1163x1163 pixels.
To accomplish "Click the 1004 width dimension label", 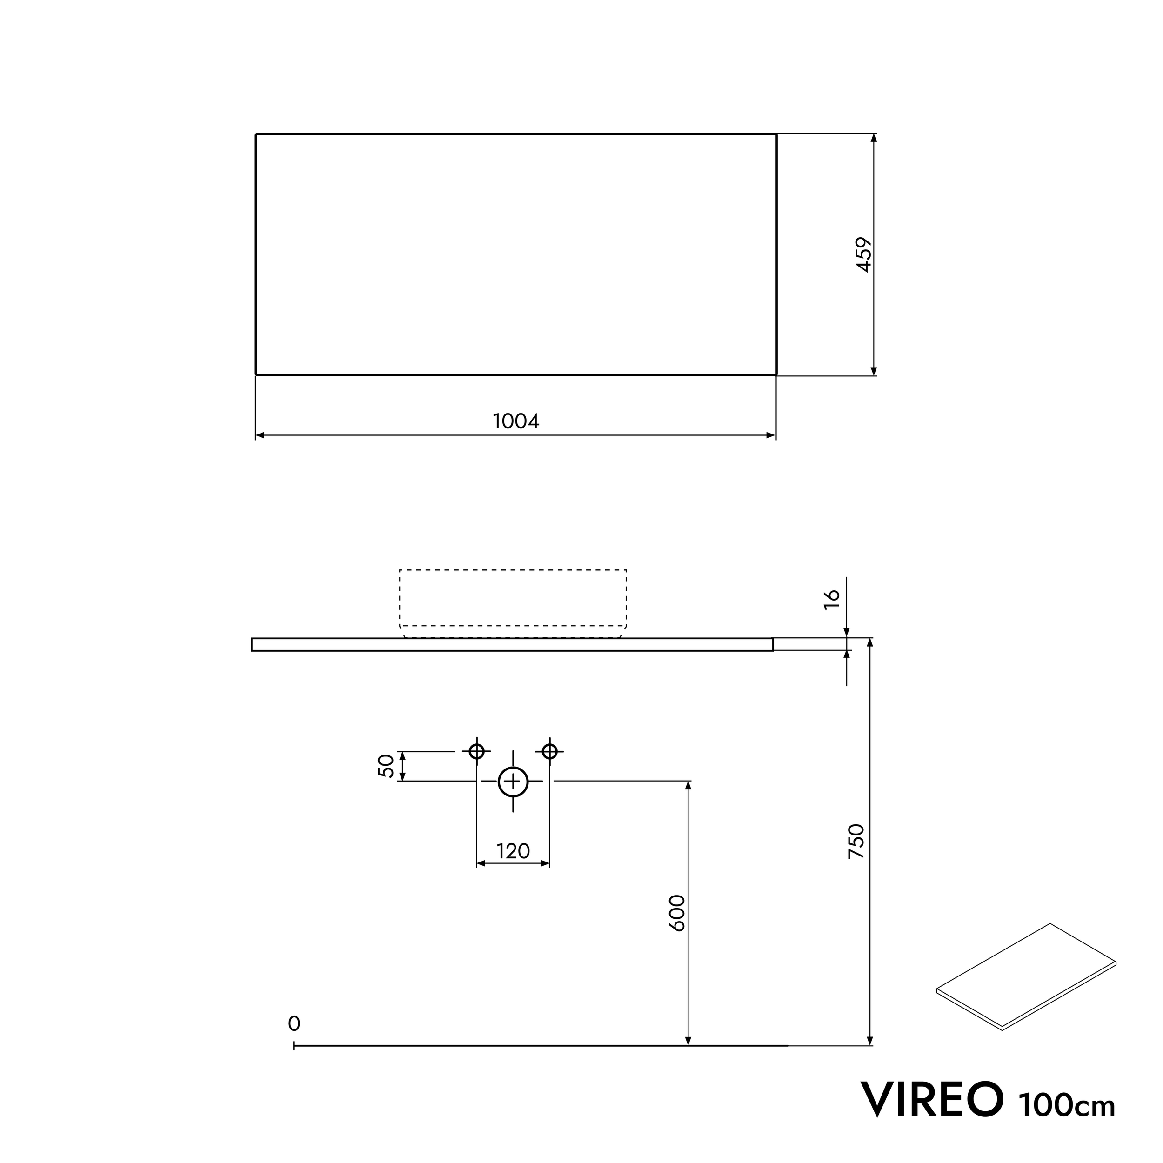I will (516, 421).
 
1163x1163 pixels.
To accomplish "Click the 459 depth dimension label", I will (864, 254).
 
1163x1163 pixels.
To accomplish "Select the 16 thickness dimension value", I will (831, 599).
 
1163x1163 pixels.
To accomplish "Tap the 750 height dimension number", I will (856, 841).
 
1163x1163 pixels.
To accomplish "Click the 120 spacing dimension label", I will (513, 851).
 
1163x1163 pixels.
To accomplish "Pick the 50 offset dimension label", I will (386, 766).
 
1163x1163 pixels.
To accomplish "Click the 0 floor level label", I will (294, 1023).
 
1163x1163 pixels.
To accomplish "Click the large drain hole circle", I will (513, 782).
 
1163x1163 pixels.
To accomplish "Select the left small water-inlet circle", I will (477, 751).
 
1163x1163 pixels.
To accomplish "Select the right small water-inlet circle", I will (549, 751).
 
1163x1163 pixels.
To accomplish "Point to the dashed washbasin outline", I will (513, 602).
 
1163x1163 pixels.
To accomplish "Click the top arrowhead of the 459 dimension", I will (874, 138).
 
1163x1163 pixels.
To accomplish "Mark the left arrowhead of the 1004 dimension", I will (260, 435).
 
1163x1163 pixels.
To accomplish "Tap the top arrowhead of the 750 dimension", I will (870, 642).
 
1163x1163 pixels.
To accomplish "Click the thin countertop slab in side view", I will (512, 645).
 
